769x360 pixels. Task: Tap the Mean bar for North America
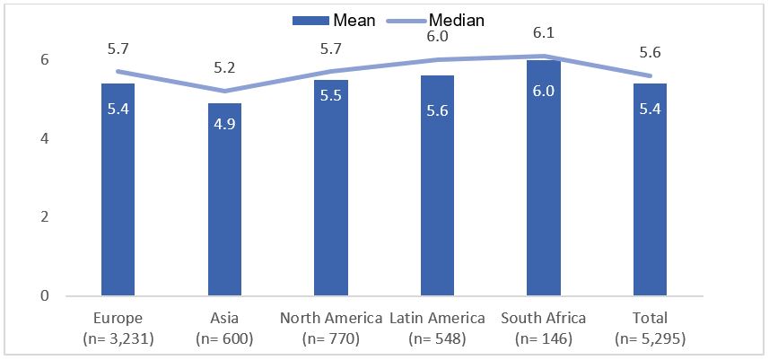[331, 189]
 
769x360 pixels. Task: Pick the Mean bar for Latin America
[437, 186]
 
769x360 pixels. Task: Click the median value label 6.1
[544, 31]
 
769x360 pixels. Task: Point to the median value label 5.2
[224, 66]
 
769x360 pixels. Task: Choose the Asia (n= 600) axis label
[224, 328]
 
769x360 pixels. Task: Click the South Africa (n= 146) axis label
[544, 328]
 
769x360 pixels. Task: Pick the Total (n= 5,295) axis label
[650, 328]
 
